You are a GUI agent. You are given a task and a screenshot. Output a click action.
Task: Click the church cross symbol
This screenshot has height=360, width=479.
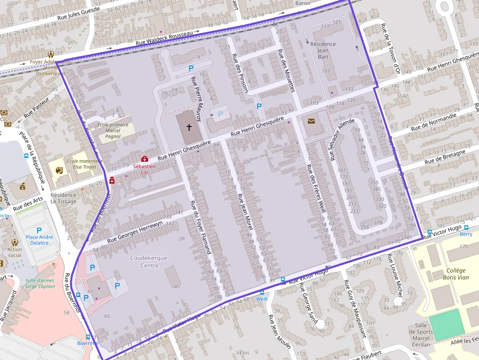(189, 127)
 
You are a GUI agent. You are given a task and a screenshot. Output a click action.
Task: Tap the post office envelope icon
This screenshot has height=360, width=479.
(311, 121)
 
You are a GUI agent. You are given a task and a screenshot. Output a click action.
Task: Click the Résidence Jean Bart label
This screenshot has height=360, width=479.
(323, 50)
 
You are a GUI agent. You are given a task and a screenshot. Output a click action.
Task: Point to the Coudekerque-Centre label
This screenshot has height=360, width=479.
(150, 261)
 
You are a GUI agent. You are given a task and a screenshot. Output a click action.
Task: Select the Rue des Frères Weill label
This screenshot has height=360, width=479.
(316, 191)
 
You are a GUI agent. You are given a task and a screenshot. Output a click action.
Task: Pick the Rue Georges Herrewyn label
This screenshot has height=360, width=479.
(135, 231)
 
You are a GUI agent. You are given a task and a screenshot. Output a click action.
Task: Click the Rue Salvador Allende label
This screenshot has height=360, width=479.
(341, 139)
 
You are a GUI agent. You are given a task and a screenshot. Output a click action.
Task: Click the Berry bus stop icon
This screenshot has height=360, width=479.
(430, 233)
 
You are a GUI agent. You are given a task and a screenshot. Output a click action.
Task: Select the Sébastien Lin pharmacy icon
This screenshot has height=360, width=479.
(144, 159)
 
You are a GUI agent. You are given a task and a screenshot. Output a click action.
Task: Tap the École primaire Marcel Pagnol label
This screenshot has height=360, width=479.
(113, 130)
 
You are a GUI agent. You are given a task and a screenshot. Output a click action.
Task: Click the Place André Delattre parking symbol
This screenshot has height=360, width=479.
(39, 231)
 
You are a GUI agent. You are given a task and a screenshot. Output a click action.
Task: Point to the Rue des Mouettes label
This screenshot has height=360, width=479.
(286, 70)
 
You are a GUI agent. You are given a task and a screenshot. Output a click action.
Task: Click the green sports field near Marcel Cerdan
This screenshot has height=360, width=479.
(447, 324)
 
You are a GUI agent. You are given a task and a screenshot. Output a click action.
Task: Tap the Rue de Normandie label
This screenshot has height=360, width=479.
(434, 122)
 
